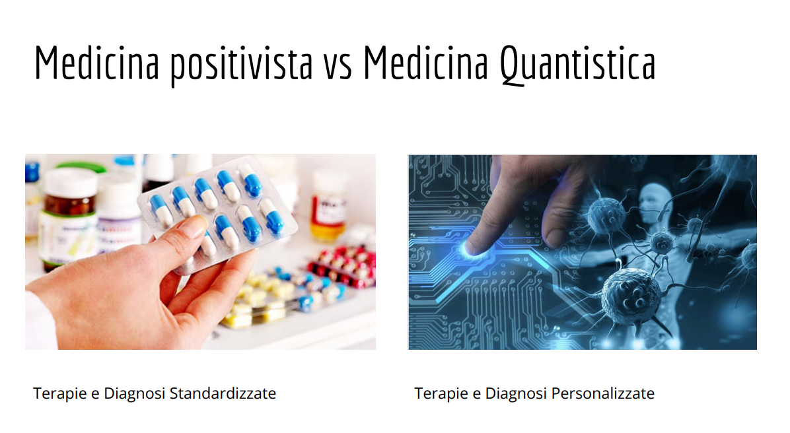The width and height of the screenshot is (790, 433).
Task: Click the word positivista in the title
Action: click(240, 64)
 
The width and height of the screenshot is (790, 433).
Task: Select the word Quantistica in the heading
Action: click(577, 64)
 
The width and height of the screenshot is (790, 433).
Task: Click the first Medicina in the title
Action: click(96, 63)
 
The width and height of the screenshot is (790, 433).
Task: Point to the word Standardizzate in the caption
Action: click(223, 393)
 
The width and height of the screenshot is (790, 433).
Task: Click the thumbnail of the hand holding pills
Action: click(200, 251)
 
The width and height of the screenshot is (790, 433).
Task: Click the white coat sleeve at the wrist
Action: click(38, 323)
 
